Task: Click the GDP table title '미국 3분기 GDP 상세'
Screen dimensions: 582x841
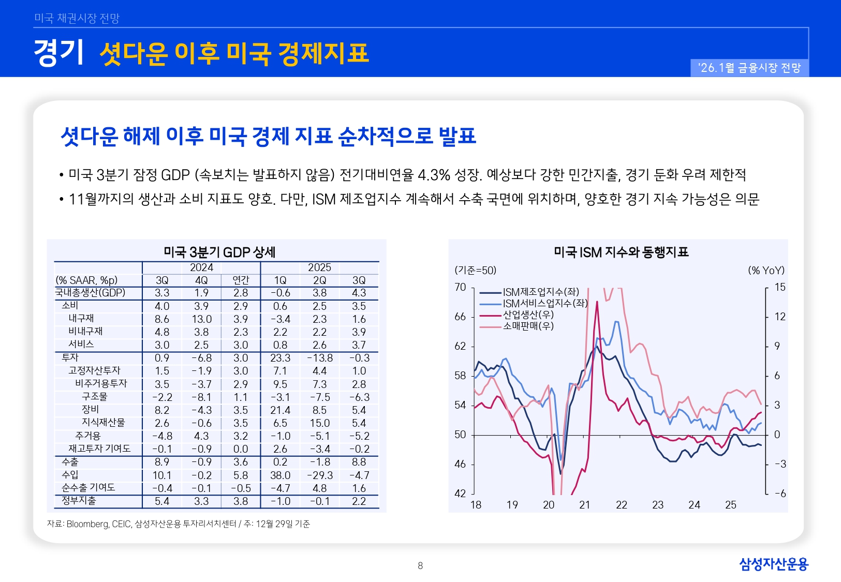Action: tap(219, 252)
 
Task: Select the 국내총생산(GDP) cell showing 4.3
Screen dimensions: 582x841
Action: tap(359, 293)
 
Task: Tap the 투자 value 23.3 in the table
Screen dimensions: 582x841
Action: tap(280, 358)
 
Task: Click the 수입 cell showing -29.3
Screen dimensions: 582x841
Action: tap(319, 475)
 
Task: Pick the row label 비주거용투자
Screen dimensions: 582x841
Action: tap(101, 384)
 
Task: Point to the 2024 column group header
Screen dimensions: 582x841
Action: tap(201, 267)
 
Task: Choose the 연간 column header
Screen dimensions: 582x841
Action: tap(241, 280)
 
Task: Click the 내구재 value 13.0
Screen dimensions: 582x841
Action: tap(201, 319)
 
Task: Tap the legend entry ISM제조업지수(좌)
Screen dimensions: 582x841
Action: tap(541, 292)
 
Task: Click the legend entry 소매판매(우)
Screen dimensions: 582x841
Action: tap(528, 326)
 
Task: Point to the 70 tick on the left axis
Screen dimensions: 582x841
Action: tap(460, 287)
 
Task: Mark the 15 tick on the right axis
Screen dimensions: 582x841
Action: tap(779, 287)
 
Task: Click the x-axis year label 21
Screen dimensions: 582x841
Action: tap(585, 505)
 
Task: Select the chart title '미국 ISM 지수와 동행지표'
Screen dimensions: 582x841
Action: tap(621, 252)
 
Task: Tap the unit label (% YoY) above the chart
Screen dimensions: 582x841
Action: tap(766, 271)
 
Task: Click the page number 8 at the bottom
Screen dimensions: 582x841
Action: tap(420, 566)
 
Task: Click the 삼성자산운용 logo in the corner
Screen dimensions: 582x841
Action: tap(773, 564)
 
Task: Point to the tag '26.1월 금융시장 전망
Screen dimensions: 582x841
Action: tap(749, 68)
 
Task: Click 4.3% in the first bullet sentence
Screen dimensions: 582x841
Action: tap(434, 175)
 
